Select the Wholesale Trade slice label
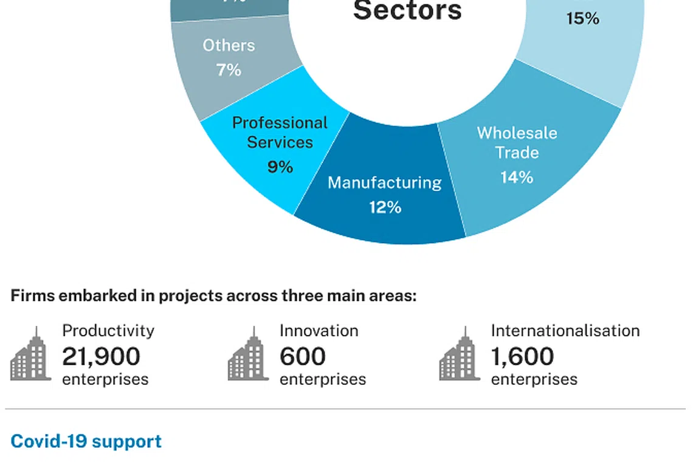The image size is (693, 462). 517,142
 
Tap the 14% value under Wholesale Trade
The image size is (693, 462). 517,177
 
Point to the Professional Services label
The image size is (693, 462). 280,133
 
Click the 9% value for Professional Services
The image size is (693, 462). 280,167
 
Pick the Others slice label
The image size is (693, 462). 229,46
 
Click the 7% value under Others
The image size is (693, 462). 229,70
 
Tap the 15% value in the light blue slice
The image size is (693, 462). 582,19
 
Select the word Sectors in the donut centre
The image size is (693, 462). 407,11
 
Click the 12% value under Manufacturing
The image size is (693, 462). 385,207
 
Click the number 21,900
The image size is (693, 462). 101,356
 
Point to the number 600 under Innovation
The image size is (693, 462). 303,356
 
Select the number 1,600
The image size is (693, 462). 522,356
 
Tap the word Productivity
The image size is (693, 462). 108,331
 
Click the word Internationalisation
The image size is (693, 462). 565,331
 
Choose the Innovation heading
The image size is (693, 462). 319,331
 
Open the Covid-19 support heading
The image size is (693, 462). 86,441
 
